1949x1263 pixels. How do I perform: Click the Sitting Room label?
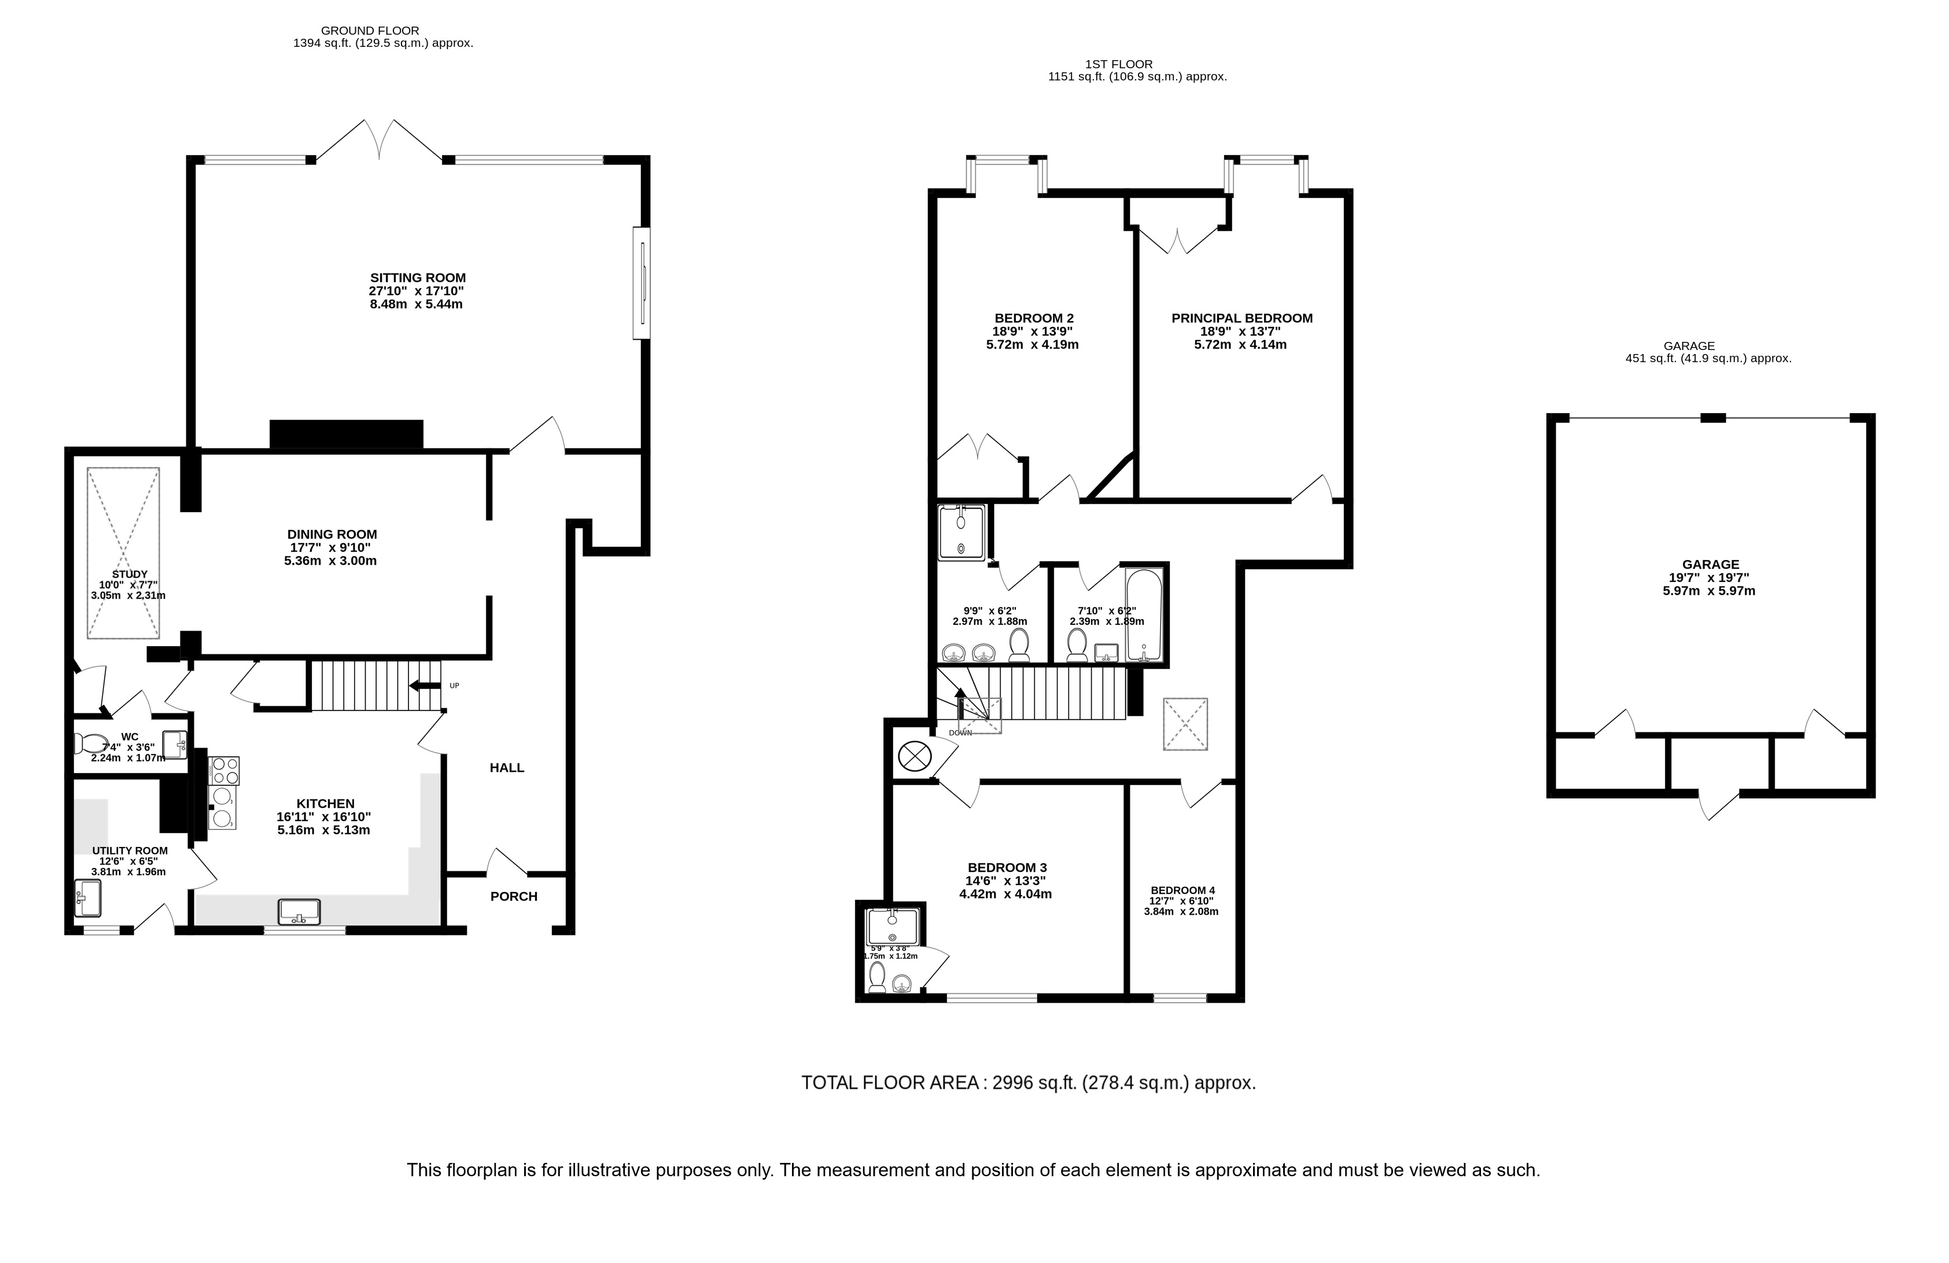(418, 278)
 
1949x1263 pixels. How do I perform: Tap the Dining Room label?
(333, 535)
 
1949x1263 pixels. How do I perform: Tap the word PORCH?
(514, 896)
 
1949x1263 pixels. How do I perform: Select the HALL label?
(507, 768)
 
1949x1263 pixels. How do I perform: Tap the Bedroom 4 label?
(1182, 890)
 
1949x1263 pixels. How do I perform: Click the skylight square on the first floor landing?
(1185, 724)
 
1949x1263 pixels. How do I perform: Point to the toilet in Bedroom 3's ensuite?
(877, 977)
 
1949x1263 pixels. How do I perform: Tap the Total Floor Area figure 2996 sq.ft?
(1029, 1083)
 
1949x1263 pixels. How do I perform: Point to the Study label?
(130, 574)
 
